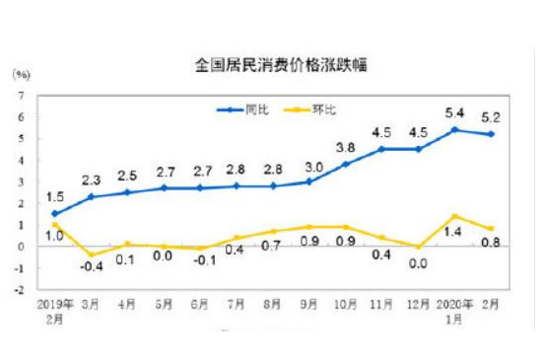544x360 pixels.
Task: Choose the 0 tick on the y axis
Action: (21, 247)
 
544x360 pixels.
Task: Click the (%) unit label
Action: (22, 73)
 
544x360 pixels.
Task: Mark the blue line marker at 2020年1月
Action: (453, 129)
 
